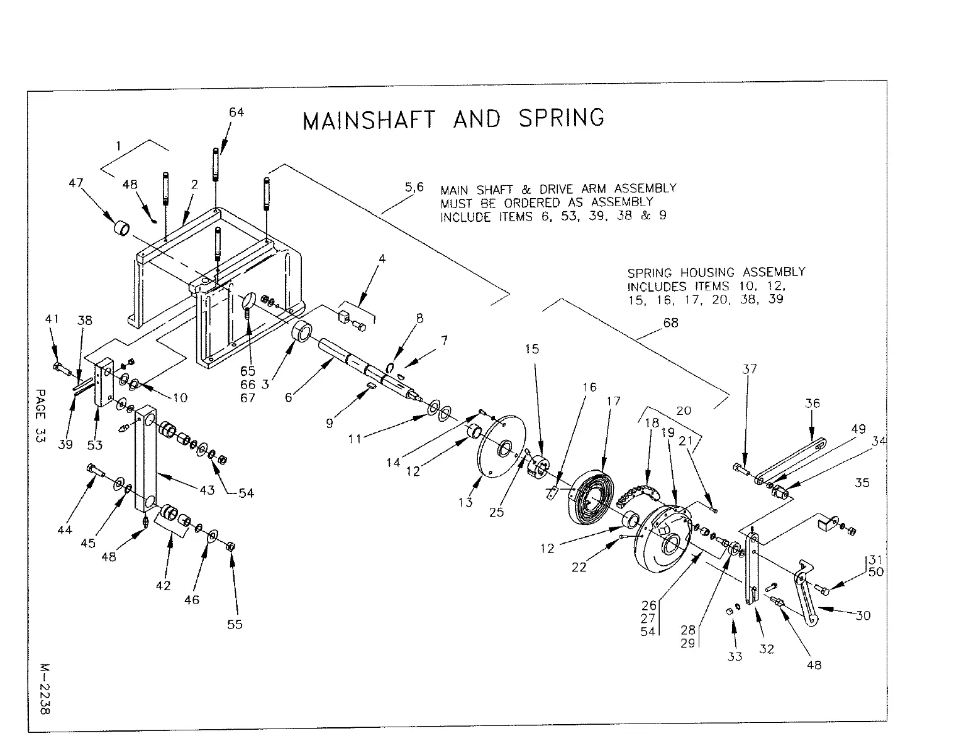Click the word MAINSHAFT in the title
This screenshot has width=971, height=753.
click(368, 119)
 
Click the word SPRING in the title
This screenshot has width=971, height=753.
click(562, 118)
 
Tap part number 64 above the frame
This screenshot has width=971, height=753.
click(236, 113)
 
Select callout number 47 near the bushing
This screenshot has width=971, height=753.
click(76, 183)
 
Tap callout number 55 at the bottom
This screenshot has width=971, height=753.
click(235, 624)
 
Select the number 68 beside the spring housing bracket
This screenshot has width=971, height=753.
click(671, 322)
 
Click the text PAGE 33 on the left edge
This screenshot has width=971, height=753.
click(40, 416)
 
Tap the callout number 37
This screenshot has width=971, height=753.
click(749, 369)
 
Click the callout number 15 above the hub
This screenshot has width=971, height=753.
click(532, 349)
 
